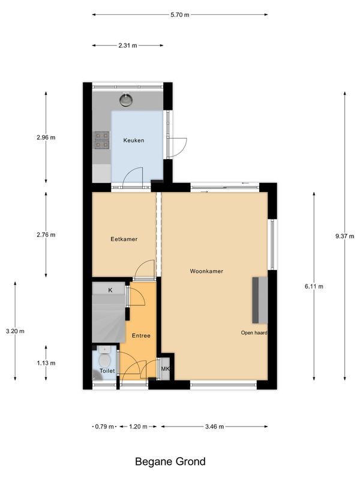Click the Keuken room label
coord(133,140)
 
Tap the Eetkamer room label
coord(124,239)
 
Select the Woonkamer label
coord(206,271)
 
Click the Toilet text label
coord(106,371)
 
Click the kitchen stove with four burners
coord(102,140)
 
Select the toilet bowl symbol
coord(104,359)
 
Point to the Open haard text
coord(254,332)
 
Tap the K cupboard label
coord(110,290)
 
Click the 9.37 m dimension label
coord(345,236)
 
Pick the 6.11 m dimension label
coord(314,286)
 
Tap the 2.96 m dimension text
coord(46,137)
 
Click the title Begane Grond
coord(170,461)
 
